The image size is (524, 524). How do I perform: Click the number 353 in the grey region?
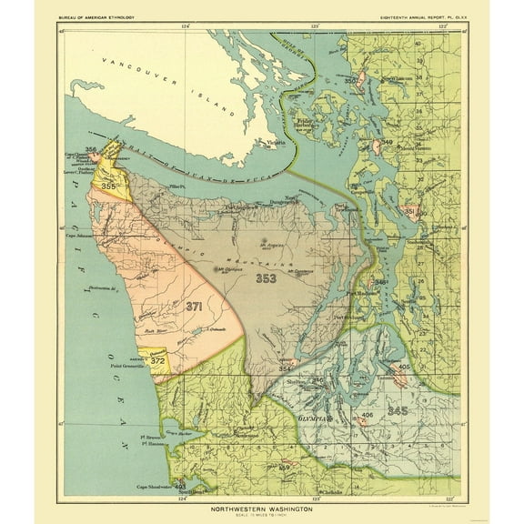pos(267,278)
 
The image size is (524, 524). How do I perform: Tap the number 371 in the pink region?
pos(193,307)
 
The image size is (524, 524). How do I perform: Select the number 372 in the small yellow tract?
pos(158,361)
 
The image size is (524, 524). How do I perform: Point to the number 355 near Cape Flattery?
pos(109,186)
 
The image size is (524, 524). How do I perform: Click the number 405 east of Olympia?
pos(405,366)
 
